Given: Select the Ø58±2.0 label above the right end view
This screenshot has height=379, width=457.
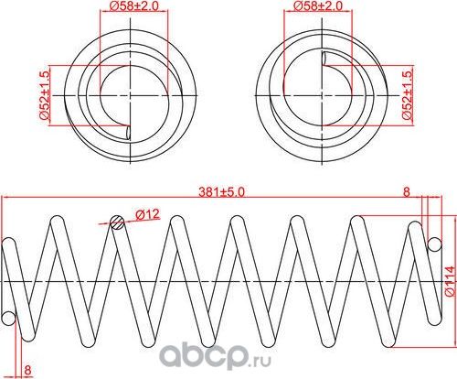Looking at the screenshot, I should [x=319, y=7].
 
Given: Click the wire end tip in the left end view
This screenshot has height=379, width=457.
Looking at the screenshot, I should [x=128, y=131].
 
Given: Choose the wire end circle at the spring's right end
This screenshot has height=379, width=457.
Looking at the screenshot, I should [x=435, y=244].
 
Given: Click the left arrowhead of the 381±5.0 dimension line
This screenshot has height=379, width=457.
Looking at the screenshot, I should [x=3, y=198].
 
